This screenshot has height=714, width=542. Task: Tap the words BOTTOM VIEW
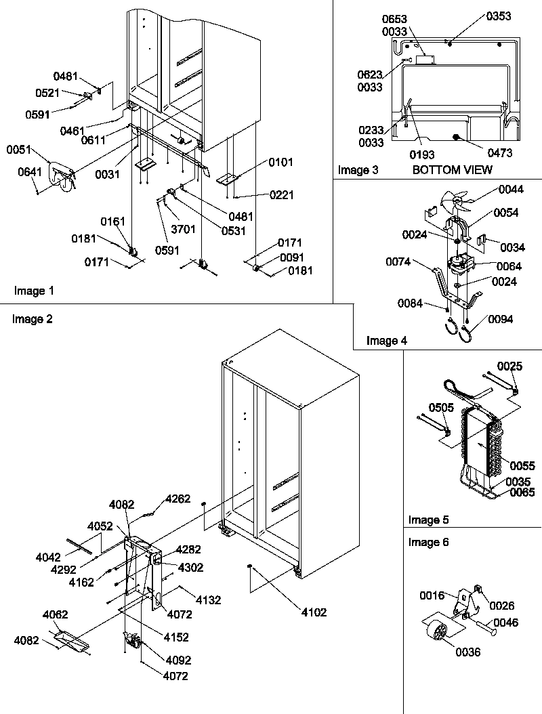click(x=452, y=170)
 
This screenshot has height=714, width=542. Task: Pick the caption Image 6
click(x=428, y=542)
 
